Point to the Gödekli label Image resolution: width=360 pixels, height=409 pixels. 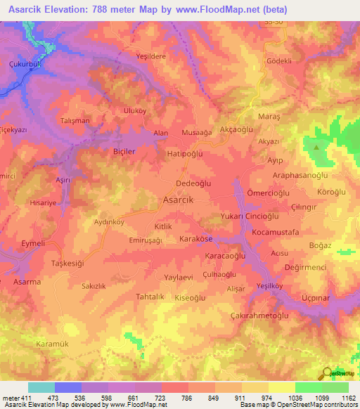click(278, 61)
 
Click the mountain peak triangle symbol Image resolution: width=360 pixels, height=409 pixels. click(316, 148)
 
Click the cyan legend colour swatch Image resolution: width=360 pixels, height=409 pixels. click(41, 387)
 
